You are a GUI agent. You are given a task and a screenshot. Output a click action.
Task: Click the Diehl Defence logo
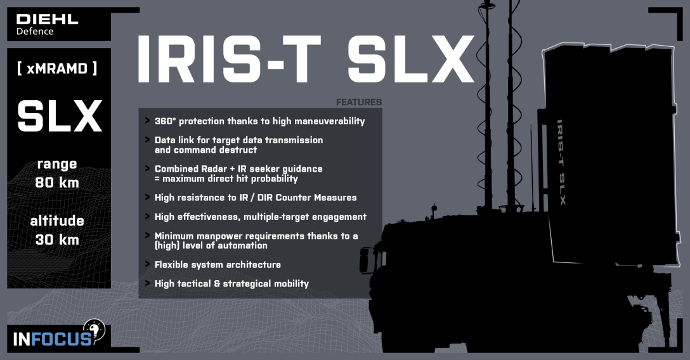click(47, 24)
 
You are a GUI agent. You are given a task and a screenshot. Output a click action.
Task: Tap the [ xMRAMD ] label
click(57, 68)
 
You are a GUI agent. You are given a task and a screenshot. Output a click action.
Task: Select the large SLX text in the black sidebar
click(59, 117)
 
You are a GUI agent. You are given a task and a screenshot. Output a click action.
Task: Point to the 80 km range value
click(57, 183)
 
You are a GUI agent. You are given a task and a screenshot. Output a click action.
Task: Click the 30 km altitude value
click(57, 240)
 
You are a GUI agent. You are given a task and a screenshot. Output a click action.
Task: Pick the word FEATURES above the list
click(358, 102)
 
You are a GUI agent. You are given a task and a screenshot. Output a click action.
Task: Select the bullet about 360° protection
click(259, 121)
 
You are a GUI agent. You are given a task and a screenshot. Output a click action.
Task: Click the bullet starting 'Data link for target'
click(238, 140)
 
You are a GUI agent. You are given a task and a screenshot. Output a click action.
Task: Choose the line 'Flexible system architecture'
click(218, 264)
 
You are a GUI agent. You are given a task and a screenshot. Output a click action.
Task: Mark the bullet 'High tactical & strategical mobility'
click(231, 283)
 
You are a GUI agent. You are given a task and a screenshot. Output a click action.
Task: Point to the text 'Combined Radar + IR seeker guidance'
click(238, 169)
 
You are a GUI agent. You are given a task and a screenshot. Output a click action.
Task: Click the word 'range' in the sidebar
click(57, 164)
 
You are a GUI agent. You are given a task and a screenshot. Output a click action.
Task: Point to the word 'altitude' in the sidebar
click(57, 221)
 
